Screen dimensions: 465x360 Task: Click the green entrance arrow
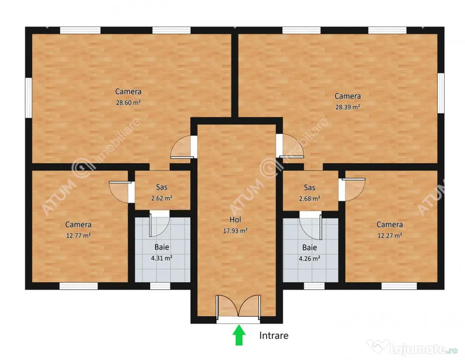coord(239,335)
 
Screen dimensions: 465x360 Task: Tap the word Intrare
coord(274,335)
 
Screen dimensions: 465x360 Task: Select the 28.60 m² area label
coord(128,103)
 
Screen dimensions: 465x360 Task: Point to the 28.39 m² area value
coord(347,107)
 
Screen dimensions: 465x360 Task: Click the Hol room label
coord(235,219)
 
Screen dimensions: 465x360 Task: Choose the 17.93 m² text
coord(235,231)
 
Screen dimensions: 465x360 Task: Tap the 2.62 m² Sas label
coord(162,198)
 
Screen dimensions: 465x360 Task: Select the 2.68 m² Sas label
coord(309,198)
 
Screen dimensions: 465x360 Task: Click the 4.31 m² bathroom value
coord(162,258)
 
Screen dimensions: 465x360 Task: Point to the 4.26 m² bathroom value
coord(309,258)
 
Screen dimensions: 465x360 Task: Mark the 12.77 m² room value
coord(78,235)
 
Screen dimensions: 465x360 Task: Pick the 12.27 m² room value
coord(390,235)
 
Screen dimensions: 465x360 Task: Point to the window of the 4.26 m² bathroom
coord(314,286)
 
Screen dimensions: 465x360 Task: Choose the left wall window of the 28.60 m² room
coord(28,97)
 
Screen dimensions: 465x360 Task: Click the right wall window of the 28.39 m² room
coord(441,93)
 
